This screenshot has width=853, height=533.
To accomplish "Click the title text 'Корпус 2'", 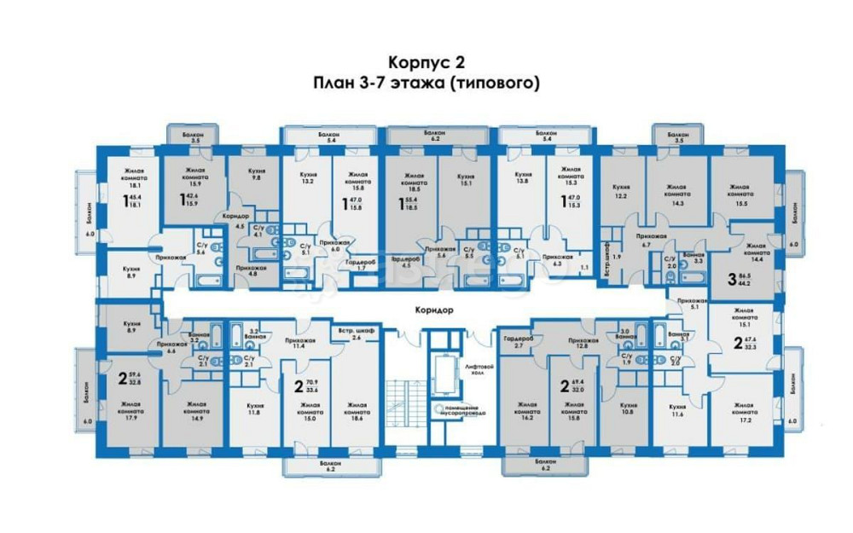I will (426, 63).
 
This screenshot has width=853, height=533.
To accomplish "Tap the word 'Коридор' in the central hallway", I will (426, 310).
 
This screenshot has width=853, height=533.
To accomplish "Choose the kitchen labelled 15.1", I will (467, 177).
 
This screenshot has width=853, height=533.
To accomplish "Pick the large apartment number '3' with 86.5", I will (731, 278).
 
